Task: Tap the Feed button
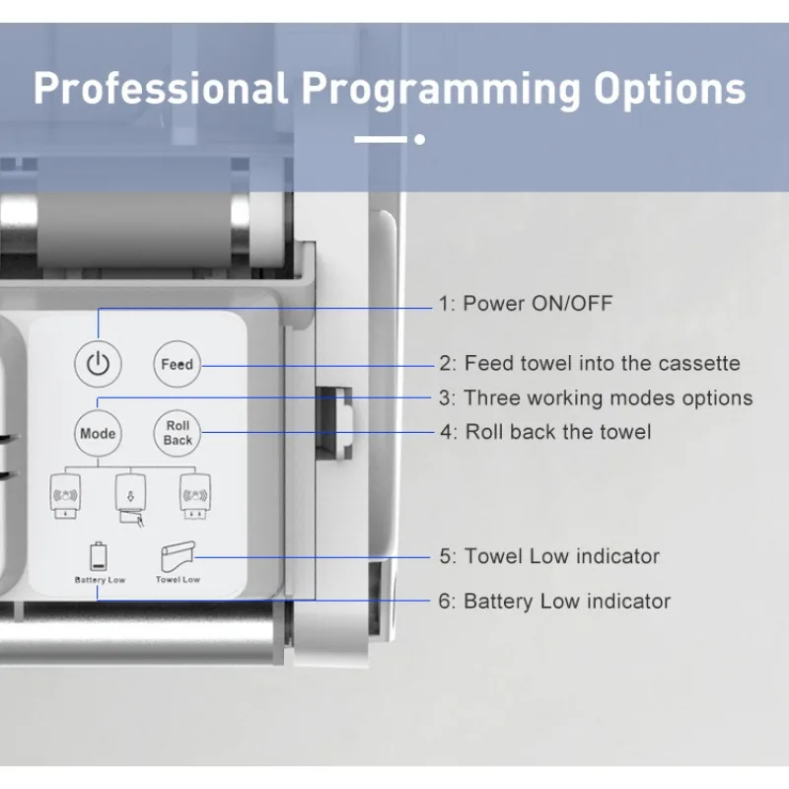pyautogui.click(x=178, y=364)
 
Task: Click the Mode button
pyautogui.click(x=98, y=433)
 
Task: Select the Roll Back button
pyautogui.click(x=178, y=433)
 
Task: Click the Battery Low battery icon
pyautogui.click(x=98, y=556)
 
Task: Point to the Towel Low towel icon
pyautogui.click(x=178, y=556)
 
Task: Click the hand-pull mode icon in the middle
pyautogui.click(x=131, y=500)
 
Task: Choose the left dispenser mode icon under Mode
pyautogui.click(x=65, y=497)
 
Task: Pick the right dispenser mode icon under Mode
pyautogui.click(x=195, y=497)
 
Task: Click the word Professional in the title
pyautogui.click(x=161, y=89)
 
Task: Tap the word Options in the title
pyautogui.click(x=670, y=90)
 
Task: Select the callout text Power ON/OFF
pyautogui.click(x=538, y=304)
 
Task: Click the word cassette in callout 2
pyautogui.click(x=699, y=363)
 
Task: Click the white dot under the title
pyautogui.click(x=420, y=139)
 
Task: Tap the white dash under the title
pyautogui.click(x=381, y=139)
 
